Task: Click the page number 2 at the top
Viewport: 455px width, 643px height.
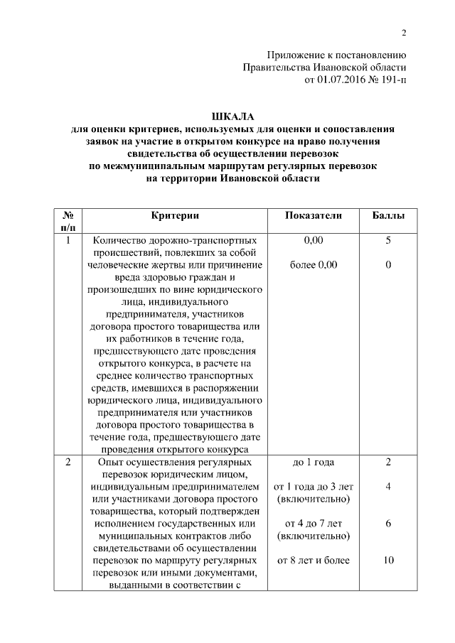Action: point(403,33)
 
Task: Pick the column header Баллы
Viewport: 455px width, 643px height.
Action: point(389,215)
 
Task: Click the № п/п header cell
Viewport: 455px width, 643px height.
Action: point(69,220)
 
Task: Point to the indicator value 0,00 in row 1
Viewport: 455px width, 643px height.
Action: point(314,240)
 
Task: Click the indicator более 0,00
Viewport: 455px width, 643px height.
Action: point(314,265)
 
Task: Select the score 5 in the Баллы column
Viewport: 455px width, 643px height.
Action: point(389,240)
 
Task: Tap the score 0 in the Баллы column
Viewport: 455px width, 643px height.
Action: point(389,265)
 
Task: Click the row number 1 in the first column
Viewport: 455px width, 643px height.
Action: point(68,240)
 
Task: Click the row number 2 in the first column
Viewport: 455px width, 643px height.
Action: point(68,463)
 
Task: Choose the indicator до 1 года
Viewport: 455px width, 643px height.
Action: point(314,463)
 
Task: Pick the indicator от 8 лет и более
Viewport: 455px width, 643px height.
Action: point(314,561)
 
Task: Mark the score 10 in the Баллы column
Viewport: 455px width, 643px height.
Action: point(389,561)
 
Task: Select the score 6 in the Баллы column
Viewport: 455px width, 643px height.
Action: point(389,524)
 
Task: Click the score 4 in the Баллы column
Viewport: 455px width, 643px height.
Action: point(389,487)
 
